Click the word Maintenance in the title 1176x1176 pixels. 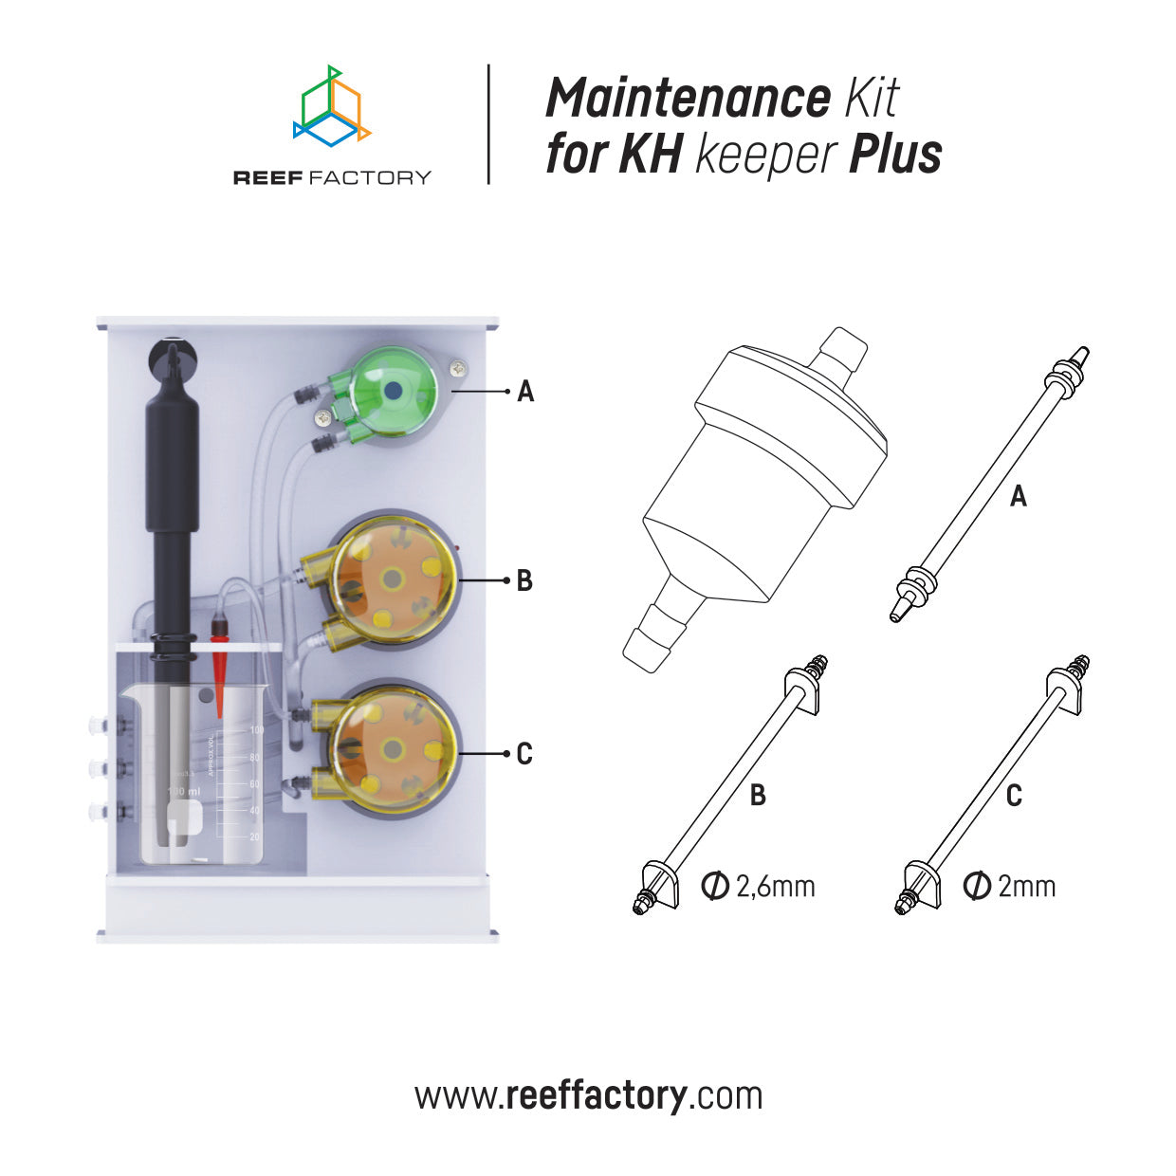coord(688,98)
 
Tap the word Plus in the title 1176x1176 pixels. coord(895,155)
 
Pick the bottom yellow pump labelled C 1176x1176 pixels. coord(391,750)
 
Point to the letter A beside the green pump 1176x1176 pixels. coord(525,391)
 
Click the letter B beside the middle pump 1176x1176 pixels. coord(524,580)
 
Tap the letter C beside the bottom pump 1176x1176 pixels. coord(524,755)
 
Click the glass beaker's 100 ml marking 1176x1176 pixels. coord(183,791)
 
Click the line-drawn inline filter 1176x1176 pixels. coord(759,493)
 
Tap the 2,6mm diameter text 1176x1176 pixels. coord(759,887)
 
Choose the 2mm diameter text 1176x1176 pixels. coord(1010,887)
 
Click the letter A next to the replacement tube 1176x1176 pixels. coord(1019,496)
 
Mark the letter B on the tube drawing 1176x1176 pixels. coord(758,795)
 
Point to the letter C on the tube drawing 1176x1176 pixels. coord(1014,795)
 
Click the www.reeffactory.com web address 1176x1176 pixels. coord(588,1095)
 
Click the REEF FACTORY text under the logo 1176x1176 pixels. coord(332,177)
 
